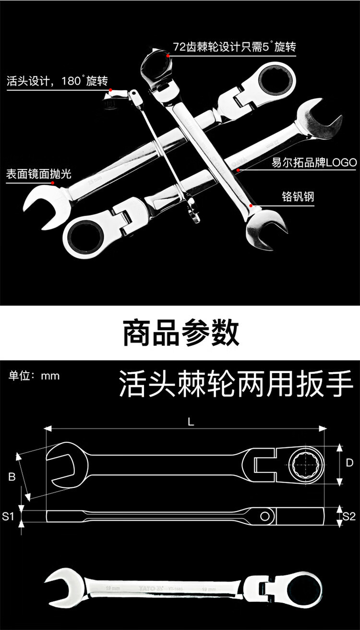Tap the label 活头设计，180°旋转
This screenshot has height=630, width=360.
pos(57,81)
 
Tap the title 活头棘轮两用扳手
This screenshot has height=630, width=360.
pos(235,383)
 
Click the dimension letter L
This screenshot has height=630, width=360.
pos(191,422)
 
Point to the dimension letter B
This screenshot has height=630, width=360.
pos(12,477)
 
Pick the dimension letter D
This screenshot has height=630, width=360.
pos(349,463)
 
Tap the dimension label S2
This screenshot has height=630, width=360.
pos(349,517)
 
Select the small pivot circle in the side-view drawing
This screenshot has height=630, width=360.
pos(264,516)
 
